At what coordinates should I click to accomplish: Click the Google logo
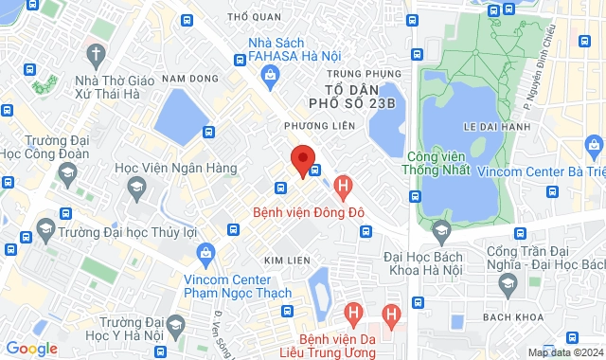pos(31,349)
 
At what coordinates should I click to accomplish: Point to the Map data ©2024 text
pos(563,352)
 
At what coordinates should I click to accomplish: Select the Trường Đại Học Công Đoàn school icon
pos(66,171)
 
